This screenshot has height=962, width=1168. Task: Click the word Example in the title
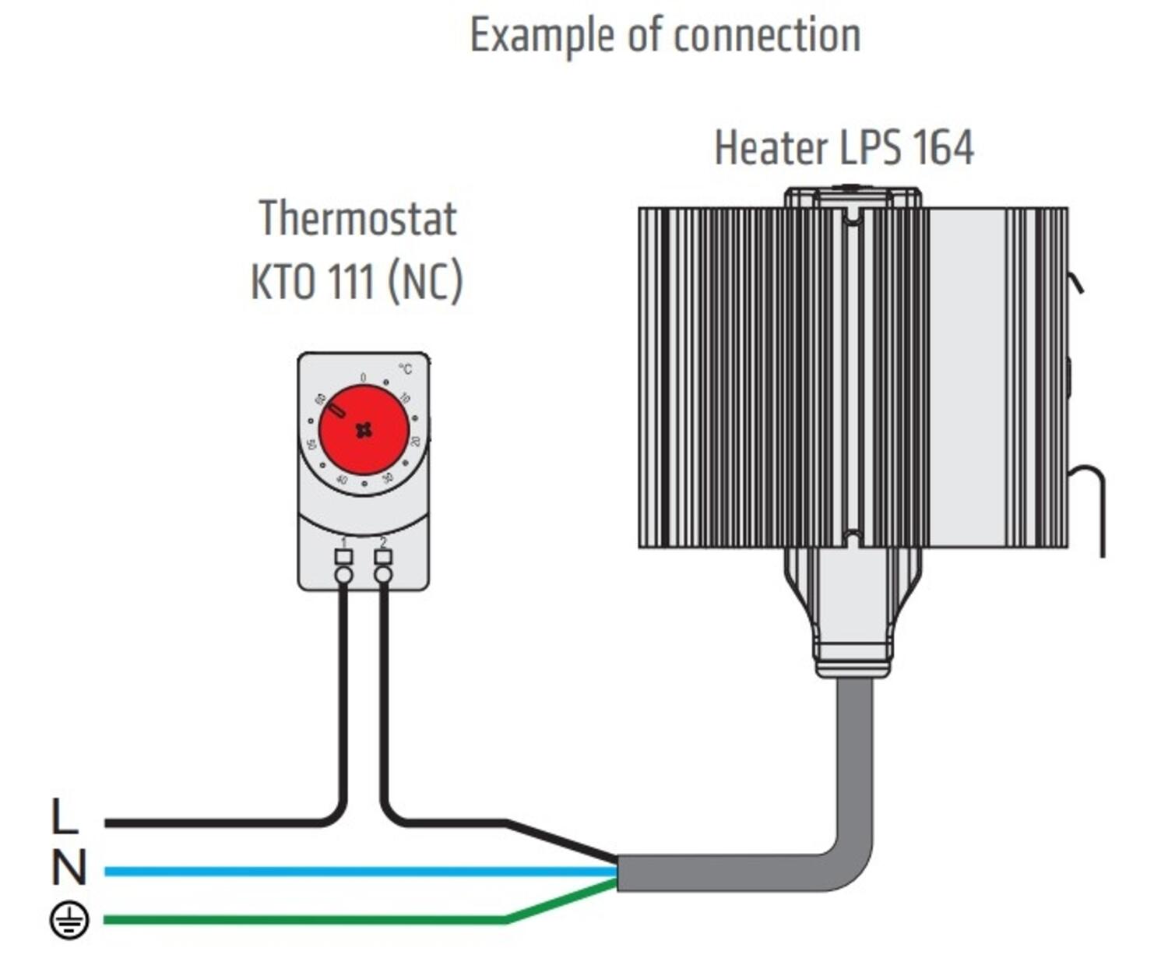click(542, 36)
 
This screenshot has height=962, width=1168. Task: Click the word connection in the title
click(766, 36)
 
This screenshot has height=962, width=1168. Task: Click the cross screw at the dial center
click(364, 430)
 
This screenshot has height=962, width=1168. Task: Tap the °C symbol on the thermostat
click(406, 368)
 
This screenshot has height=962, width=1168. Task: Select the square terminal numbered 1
click(343, 556)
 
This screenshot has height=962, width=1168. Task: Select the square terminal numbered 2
click(383, 556)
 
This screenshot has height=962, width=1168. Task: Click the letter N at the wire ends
click(68, 868)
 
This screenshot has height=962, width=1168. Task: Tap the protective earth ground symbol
click(69, 920)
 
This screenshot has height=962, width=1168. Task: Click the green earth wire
click(311, 920)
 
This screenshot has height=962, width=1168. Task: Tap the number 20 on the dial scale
click(416, 441)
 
